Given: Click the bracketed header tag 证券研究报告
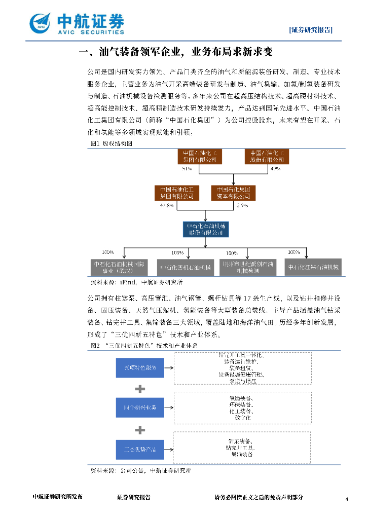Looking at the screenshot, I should coord(311,29).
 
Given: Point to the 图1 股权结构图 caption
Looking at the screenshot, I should coord(111,143).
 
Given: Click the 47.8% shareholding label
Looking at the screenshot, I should coord(167,205).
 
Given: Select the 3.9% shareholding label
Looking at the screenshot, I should coord(242,205).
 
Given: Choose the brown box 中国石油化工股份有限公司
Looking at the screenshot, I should coord(267,156).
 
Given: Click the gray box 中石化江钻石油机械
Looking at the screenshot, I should coord(313,267).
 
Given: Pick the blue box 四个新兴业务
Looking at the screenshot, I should coord(136,407).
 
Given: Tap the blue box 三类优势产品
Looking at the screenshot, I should coord(136,449).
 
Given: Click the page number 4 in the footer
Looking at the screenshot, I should coord(347,499).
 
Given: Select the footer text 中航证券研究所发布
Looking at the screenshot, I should coord(57,497).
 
